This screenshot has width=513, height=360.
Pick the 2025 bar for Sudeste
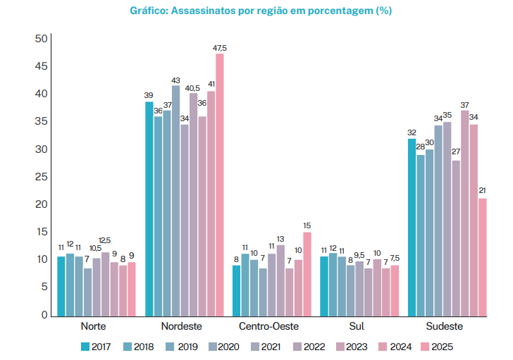(482, 256)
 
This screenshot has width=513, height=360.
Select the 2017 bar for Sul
(324, 285)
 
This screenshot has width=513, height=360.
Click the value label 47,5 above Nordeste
(220, 47)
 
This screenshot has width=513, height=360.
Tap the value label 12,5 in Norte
(105, 241)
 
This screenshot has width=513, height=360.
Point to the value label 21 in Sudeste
(482, 191)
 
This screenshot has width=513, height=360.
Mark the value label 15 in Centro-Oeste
(307, 225)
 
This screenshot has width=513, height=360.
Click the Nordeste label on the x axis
(181, 326)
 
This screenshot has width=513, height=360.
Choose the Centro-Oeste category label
(268, 326)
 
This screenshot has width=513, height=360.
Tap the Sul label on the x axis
(357, 326)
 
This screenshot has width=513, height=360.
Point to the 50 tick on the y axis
(41, 39)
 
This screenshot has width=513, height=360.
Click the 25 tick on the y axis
(41, 177)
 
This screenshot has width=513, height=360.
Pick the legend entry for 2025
(435, 346)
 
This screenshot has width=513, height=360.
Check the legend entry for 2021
(266, 346)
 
